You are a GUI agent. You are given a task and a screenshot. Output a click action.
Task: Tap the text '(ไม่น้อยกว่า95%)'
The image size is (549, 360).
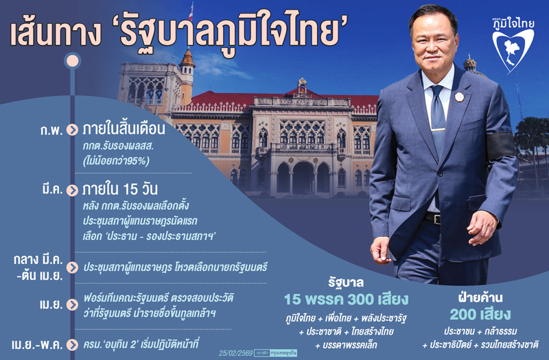116,161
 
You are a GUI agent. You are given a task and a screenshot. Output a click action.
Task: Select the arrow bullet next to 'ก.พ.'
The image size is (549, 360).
73,130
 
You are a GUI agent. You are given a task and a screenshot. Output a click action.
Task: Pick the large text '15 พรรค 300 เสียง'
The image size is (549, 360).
347,300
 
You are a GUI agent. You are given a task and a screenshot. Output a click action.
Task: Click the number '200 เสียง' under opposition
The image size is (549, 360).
480,315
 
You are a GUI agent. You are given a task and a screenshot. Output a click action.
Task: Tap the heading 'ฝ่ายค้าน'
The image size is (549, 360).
480,297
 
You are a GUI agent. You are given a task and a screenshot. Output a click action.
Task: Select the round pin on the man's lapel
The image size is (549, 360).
459,97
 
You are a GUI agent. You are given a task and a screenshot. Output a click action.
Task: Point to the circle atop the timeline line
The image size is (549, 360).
72,61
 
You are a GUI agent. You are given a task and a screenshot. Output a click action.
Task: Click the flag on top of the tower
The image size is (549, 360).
191,10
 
